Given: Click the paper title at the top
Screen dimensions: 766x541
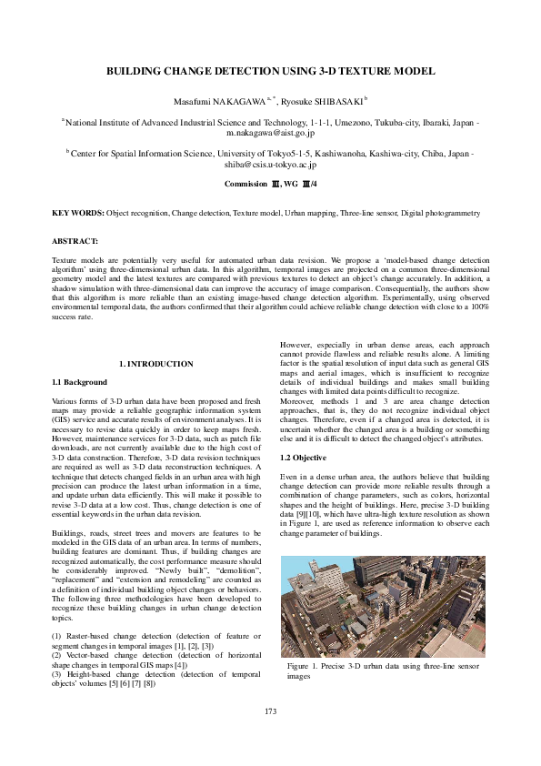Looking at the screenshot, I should (x=270, y=71).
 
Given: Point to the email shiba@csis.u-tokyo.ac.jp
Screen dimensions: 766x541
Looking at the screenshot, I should (x=270, y=166).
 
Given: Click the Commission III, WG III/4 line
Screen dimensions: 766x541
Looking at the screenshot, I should (x=270, y=184).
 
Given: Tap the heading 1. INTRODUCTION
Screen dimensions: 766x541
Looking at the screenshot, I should (x=156, y=364).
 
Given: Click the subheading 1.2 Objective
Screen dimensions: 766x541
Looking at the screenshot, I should (x=303, y=457).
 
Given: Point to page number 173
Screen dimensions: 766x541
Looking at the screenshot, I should (x=270, y=711).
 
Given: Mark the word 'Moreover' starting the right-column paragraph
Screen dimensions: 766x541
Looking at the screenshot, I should (x=296, y=400).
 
